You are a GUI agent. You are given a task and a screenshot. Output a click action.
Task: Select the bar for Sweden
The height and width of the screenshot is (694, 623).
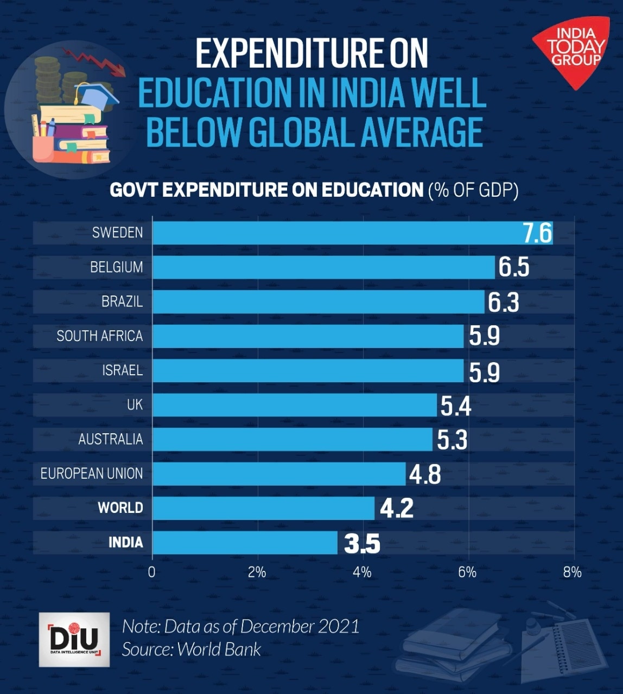[x=336, y=233]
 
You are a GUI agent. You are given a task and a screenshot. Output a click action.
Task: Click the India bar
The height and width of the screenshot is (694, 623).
[x=245, y=543]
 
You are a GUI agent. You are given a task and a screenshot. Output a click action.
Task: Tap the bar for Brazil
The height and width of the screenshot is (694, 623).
[x=318, y=301]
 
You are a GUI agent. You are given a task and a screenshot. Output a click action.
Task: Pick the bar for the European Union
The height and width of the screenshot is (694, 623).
[x=279, y=474]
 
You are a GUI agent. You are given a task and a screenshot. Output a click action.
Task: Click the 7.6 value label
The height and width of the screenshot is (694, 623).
[x=537, y=233]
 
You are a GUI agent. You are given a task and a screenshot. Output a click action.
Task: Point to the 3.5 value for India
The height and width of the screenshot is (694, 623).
[x=362, y=543]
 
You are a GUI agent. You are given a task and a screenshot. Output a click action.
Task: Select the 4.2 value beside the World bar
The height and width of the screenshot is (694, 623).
[x=397, y=508]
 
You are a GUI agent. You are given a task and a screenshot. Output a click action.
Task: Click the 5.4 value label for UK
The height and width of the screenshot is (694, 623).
[x=456, y=406]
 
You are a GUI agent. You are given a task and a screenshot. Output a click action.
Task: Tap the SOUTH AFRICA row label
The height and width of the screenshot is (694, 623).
[x=100, y=336]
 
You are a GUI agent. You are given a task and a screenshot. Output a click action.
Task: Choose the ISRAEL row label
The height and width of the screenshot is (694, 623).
[x=123, y=370]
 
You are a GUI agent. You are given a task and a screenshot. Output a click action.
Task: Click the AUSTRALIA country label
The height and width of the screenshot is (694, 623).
[x=111, y=439]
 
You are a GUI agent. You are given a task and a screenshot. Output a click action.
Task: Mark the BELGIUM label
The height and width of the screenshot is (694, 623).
[x=117, y=267]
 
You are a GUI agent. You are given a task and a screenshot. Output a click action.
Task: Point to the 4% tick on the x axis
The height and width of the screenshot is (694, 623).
[x=362, y=573]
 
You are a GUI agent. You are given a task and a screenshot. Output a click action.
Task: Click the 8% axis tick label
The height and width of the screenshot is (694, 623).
[x=572, y=573]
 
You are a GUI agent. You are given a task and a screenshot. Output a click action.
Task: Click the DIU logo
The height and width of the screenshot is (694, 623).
[x=74, y=640]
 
